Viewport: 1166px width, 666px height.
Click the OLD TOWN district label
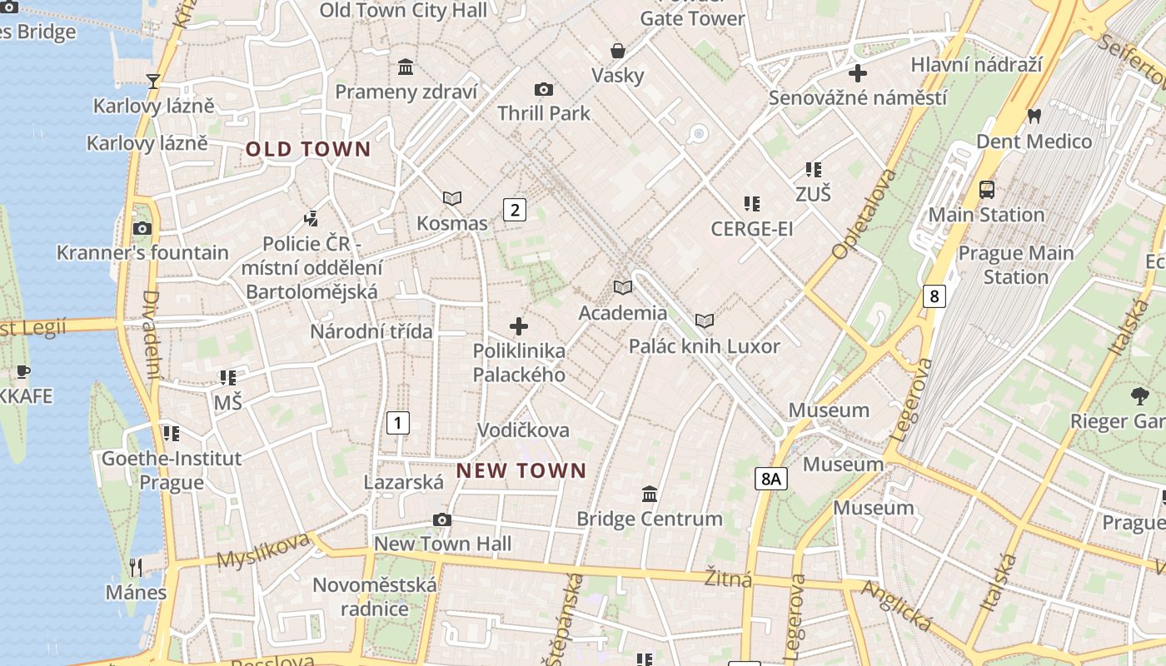pyautogui.click(x=308, y=150)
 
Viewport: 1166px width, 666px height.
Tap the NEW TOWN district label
pyautogui.click(x=521, y=470)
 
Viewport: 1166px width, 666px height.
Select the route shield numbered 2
pyautogui.click(x=515, y=210)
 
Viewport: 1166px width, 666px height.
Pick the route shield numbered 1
pyautogui.click(x=398, y=423)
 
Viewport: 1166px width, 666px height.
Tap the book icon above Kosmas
pyautogui.click(x=452, y=198)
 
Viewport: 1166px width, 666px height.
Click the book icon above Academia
pyautogui.click(x=623, y=287)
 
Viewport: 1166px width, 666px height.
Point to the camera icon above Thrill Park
pyautogui.click(x=543, y=89)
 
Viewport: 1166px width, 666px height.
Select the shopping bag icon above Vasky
pyautogui.click(x=618, y=51)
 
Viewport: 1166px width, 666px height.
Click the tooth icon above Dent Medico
pyautogui.click(x=1034, y=116)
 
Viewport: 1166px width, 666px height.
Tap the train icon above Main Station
pyautogui.click(x=987, y=189)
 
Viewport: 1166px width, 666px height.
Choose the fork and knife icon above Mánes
pyautogui.click(x=136, y=568)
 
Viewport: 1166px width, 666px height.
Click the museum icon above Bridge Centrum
pyautogui.click(x=650, y=494)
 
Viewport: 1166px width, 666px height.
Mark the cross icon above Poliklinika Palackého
pyautogui.click(x=519, y=326)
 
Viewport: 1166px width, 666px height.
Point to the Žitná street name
pyautogui.click(x=728, y=578)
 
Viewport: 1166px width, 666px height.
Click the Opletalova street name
pyautogui.click(x=865, y=212)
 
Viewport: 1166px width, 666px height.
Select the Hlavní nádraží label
pyautogui.click(x=976, y=65)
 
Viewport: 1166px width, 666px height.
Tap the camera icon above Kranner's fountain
pyautogui.click(x=142, y=228)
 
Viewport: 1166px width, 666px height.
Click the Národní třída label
pyautogui.click(x=371, y=331)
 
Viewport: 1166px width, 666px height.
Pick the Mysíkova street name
pyautogui.click(x=263, y=550)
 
